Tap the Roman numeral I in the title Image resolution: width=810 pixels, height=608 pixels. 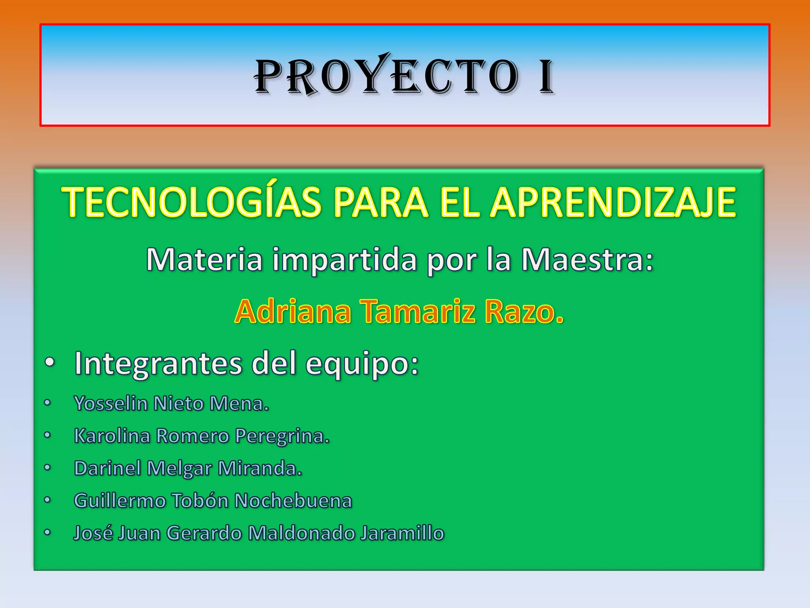[546, 77]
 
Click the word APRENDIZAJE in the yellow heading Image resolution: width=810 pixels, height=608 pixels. [613, 202]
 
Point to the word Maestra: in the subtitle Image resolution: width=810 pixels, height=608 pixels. [587, 260]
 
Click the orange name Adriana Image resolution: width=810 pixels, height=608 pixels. [293, 311]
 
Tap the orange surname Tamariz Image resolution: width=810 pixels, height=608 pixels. [417, 311]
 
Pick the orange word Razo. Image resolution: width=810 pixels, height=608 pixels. [524, 311]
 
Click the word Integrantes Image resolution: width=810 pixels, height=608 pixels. [158, 363]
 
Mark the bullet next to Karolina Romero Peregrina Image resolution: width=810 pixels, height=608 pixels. [47, 435]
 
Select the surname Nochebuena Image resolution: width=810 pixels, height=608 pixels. [293, 500]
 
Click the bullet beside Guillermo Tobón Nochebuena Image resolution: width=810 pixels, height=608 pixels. [47, 500]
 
